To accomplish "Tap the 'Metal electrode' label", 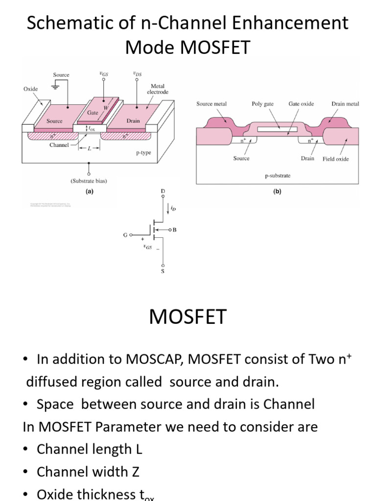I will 158,89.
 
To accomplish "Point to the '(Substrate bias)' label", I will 89,181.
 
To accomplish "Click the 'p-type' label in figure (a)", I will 143,153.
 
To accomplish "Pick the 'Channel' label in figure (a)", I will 59,145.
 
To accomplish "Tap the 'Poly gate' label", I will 262,104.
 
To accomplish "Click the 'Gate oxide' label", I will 301,104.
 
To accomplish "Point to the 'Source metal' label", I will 211,104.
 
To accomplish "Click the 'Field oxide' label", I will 335,159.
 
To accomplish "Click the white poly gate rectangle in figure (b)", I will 277,130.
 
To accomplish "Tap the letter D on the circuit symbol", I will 163,190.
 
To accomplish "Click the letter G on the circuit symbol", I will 125,235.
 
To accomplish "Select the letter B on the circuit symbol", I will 174,229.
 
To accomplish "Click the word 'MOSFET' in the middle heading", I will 188,317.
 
